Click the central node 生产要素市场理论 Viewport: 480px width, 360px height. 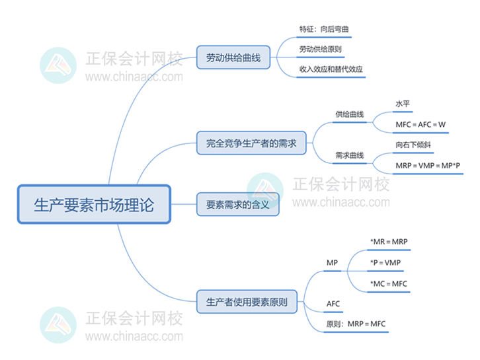pos(93,205)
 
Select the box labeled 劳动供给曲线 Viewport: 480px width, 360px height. pos(233,58)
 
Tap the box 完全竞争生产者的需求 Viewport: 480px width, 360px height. pos(251,142)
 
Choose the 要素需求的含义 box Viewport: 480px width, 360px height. pos(237,205)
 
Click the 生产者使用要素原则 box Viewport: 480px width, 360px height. pos(247,302)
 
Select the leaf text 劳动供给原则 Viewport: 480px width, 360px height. pos(320,50)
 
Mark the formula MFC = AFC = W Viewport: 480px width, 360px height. pos(420,124)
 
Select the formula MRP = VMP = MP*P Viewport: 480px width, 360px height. pos(428,166)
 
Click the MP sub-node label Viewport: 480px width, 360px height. pos(332,263)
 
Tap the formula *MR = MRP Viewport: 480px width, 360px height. pos(390,242)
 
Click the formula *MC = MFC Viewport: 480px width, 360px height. pos(389,283)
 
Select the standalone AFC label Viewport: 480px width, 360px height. pos(333,304)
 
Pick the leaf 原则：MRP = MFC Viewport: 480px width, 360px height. pos(356,324)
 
